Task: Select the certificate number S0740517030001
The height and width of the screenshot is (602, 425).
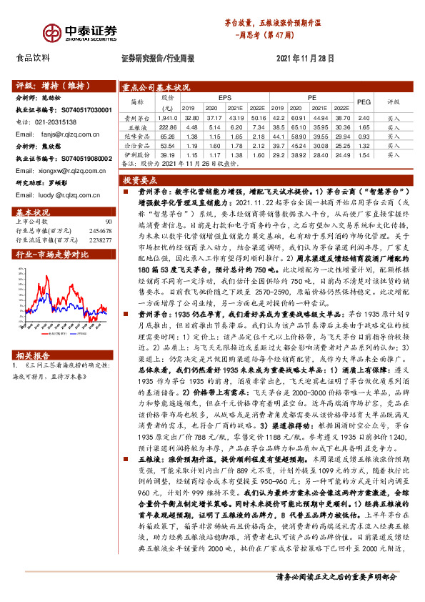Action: pos(82,111)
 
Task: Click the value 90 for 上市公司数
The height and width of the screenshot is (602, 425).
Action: pos(108,223)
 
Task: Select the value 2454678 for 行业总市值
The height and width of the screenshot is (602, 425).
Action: pos(99,232)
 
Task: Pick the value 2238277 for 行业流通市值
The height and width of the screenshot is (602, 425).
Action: pos(99,240)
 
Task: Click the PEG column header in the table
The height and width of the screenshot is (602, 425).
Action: pos(364,102)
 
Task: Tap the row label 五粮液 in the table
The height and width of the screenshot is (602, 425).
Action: pos(135,126)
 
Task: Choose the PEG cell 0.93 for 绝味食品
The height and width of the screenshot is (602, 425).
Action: pos(364,135)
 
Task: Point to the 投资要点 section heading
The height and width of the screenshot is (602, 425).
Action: pos(140,182)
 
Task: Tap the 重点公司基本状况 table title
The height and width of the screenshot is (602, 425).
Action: pos(156,84)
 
